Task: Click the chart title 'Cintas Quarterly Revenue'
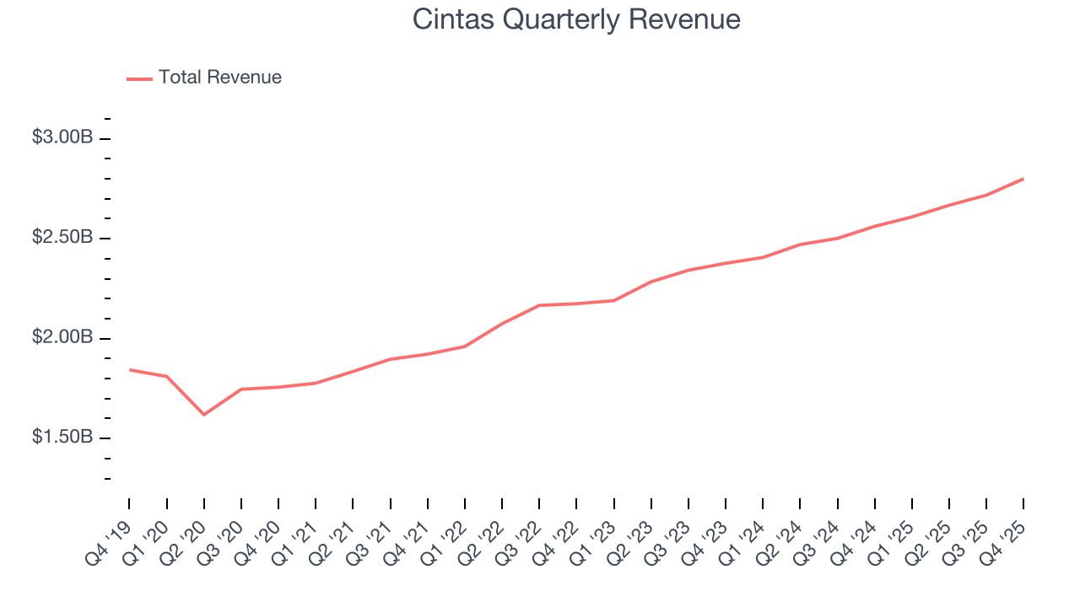coord(576,19)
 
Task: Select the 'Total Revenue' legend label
coord(219,78)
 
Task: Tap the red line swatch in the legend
coord(139,78)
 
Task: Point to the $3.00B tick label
coord(62,137)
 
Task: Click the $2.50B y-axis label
coord(62,238)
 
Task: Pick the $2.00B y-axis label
coord(62,338)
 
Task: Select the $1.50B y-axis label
coord(62,438)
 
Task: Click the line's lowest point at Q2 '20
coord(204,415)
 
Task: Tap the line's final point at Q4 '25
coord(1023,179)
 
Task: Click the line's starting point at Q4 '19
coord(130,369)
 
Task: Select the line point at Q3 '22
coord(539,305)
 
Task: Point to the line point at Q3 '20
coord(241,389)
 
